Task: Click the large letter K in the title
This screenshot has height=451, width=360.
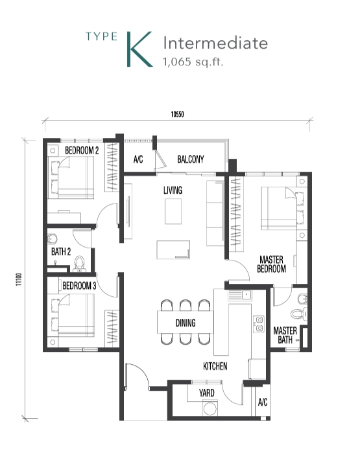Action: pos(139,49)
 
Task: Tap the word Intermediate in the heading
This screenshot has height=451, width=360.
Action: pos(215,43)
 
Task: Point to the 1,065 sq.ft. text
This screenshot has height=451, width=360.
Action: pos(193,62)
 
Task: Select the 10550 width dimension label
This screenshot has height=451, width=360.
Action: pos(178,114)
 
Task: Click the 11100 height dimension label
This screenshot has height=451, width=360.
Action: pos(18,279)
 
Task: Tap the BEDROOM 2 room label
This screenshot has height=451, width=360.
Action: pos(82,150)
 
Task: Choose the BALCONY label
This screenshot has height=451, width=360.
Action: pos(191,159)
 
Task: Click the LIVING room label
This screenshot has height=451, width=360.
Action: pos(173,190)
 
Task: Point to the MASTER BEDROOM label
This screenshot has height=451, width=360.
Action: pos(271,264)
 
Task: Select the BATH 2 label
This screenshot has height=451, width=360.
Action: pos(61,251)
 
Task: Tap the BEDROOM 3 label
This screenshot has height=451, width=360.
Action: pos(79,286)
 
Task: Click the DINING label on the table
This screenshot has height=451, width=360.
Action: pos(186,323)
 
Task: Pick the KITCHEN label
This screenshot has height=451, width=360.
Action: pos(215,366)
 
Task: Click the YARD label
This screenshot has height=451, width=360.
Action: pos(206,393)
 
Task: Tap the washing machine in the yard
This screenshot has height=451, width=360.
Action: pos(210,408)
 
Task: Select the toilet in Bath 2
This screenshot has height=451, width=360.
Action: pos(80,264)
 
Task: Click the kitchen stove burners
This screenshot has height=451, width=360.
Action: pos(259,324)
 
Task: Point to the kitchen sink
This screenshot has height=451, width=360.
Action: pos(240,295)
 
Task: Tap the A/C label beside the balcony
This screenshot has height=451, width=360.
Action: pos(138,159)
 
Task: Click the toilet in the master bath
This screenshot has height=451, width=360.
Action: pos(298,313)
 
